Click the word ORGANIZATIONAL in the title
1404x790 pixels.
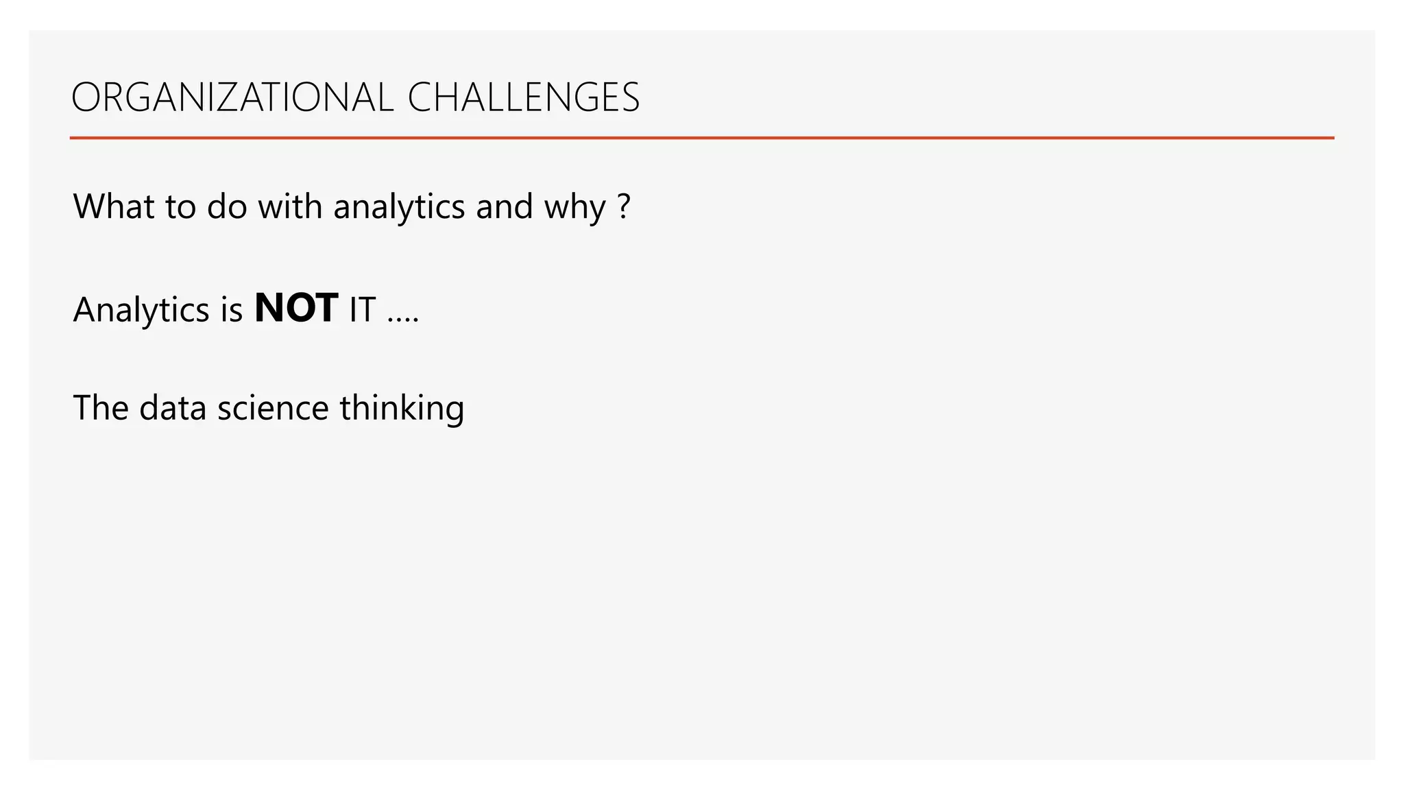[x=232, y=97]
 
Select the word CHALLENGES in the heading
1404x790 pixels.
[x=524, y=97]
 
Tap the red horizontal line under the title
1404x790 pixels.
[x=701, y=138]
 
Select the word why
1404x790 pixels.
[x=574, y=207]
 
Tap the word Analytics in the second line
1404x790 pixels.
[x=141, y=309]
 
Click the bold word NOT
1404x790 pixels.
[x=296, y=308]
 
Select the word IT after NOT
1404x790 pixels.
[x=363, y=309]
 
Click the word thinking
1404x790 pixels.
[x=402, y=409]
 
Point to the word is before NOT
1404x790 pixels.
[x=231, y=309]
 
